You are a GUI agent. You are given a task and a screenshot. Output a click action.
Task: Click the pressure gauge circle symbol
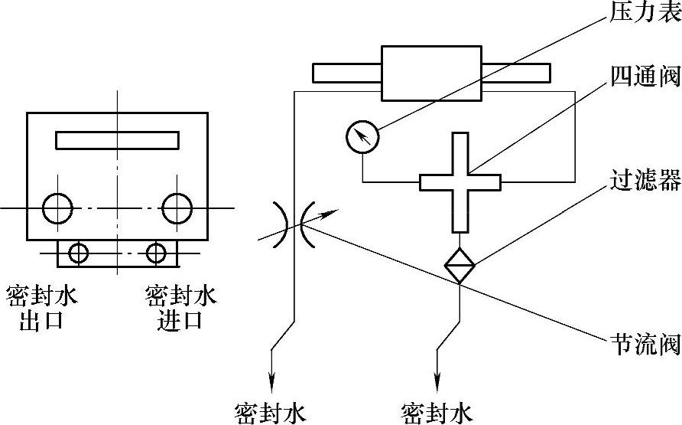coord(362,138)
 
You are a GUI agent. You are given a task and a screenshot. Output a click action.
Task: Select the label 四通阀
coord(644,76)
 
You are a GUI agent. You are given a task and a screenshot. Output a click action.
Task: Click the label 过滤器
coord(644,181)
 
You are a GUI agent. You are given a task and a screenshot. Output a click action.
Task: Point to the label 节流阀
coord(644,344)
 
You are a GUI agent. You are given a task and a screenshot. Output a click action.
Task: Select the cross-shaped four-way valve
coord(460,182)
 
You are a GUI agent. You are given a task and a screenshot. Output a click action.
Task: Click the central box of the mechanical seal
coord(430,73)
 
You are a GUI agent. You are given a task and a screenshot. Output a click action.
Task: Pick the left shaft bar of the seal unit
coord(346,73)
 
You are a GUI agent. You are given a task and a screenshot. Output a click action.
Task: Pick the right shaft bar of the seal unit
coord(515,73)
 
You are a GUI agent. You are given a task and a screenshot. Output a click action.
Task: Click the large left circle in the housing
coord(58,208)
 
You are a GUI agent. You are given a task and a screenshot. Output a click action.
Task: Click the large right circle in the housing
coord(177,208)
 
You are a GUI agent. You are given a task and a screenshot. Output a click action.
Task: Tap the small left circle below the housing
coord(79,252)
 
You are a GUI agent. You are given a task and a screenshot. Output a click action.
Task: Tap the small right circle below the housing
coord(157,252)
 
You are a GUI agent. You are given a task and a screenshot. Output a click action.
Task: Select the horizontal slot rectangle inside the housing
coord(117,141)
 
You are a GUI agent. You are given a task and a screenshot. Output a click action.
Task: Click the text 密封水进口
coord(180,307)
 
